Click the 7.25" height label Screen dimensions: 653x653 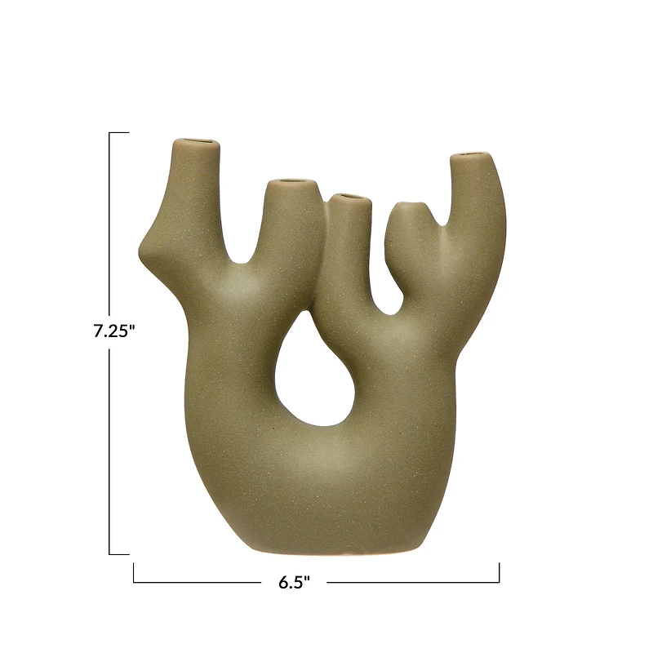coord(113,332)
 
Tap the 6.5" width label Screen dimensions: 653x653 coord(295,582)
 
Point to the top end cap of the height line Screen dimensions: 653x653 coord(119,132)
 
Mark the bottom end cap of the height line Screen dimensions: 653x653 coord(119,554)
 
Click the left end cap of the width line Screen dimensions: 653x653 coord(134,572)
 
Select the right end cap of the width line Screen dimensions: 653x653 coord(499,572)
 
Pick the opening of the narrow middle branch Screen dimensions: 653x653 coord(348,196)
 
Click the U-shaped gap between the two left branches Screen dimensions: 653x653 coord(242,249)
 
